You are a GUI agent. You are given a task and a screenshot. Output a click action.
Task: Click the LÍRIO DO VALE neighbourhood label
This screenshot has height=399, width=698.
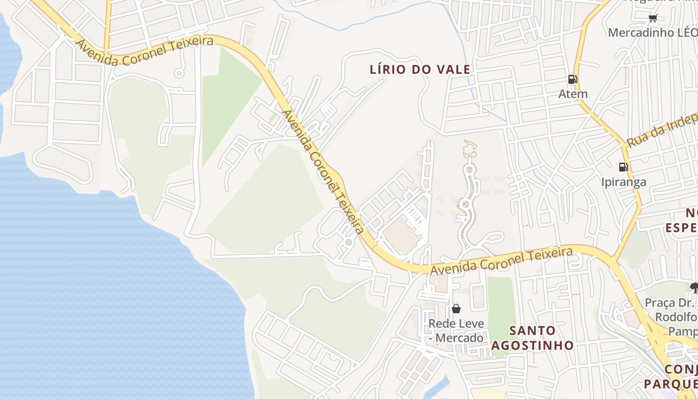(x=420, y=69)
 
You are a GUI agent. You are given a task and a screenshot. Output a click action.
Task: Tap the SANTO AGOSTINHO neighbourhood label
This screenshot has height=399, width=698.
(x=532, y=338)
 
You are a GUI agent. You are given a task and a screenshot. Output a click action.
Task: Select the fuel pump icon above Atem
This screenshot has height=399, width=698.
(x=572, y=79)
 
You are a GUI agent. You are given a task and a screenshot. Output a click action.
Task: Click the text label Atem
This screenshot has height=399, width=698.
(x=573, y=94)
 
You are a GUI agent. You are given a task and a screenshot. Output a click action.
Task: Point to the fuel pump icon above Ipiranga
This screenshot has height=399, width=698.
(x=623, y=167)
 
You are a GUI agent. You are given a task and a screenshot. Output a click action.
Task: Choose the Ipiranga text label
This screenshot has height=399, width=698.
(x=623, y=182)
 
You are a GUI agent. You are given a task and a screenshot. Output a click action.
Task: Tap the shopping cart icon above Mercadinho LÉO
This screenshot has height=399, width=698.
(x=653, y=18)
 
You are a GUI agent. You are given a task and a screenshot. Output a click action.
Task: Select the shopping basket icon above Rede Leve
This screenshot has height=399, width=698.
(x=456, y=309)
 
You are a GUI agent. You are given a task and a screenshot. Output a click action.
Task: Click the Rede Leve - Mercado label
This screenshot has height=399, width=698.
(x=456, y=331)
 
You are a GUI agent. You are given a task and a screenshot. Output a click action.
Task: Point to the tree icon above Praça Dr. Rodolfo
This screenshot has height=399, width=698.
(x=694, y=287)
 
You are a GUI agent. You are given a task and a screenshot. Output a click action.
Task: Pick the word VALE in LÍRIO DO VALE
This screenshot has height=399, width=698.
(x=452, y=69)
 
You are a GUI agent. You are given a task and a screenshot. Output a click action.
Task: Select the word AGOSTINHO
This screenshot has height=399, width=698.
(x=532, y=345)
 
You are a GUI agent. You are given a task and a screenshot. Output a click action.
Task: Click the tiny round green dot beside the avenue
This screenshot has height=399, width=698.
(x=349, y=242)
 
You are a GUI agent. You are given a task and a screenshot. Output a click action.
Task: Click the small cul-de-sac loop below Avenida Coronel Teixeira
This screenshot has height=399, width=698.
(x=179, y=73)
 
